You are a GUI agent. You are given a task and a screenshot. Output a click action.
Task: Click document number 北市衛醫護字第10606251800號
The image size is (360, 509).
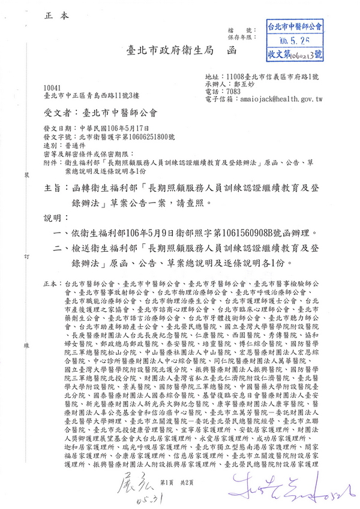(125, 137)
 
